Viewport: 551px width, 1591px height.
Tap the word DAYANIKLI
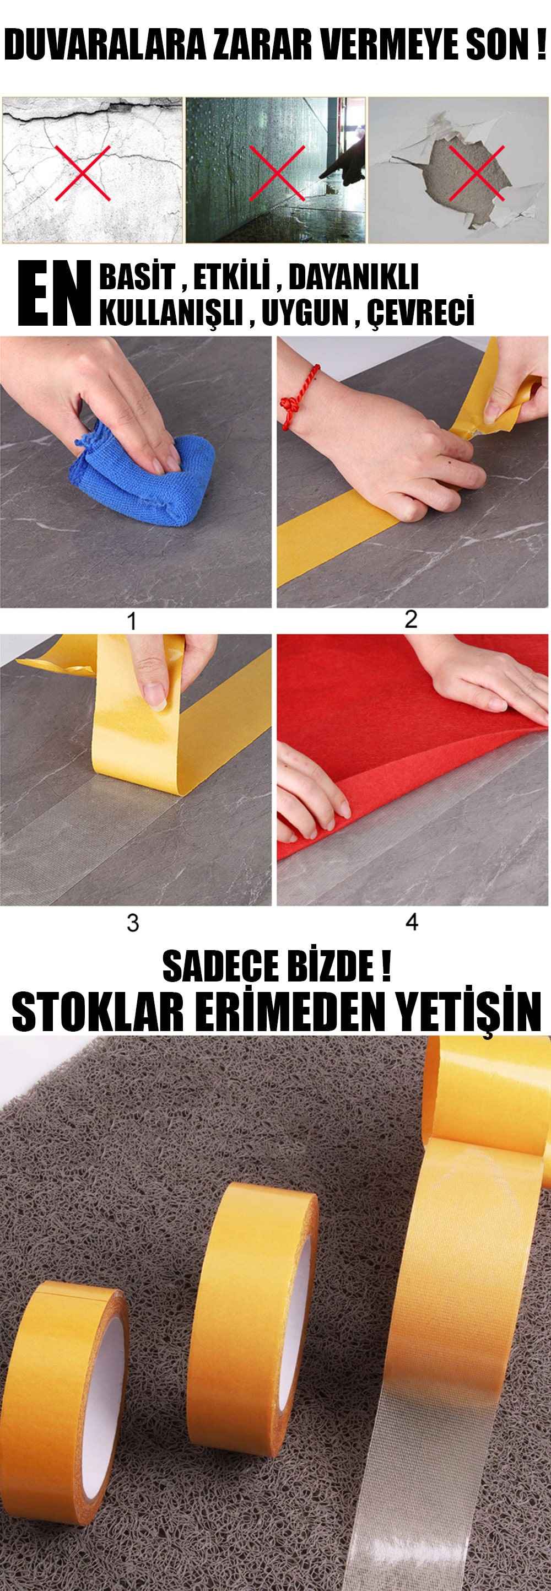pos(353,278)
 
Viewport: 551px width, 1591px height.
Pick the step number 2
pos(411,619)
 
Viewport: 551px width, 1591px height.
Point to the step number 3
pos(133,923)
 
